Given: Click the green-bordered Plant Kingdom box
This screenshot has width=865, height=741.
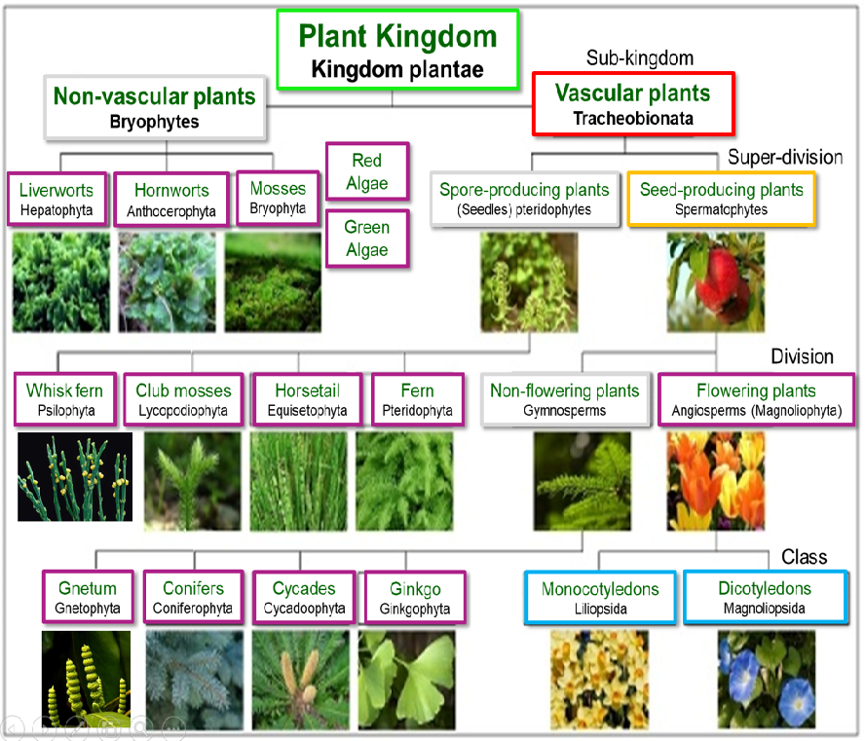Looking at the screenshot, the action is coord(397,50).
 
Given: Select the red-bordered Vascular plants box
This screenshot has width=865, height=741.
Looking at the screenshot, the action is coord(633,103).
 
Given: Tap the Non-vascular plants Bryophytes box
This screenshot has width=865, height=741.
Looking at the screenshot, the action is coord(155,107).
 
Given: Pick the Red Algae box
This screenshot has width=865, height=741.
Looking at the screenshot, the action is coord(367,171).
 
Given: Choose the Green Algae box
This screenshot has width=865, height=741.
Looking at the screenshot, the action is coord(367,239).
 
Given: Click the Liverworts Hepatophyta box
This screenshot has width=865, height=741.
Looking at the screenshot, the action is coord(56,199).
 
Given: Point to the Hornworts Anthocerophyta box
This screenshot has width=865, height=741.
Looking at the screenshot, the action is coord(171,200).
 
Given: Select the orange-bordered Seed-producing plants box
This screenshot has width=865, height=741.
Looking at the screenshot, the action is coord(721,199).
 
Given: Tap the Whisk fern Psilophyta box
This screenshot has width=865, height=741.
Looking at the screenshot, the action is coord(65,400).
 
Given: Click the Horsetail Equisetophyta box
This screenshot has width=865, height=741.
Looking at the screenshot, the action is coord(307,400).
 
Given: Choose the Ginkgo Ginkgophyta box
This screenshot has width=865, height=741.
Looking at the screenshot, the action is coord(415,598).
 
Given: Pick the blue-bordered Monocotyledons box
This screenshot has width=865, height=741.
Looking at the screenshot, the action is coord(600,598).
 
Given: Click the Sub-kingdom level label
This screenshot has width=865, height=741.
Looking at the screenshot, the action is coord(640,57).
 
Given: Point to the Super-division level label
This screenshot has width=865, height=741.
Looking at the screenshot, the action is coord(785,157).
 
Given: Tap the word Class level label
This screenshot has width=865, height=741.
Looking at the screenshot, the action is coord(805,557).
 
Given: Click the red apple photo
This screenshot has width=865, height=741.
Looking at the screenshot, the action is coord(716,282).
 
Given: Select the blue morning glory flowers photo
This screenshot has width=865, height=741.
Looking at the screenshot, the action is coord(767,680).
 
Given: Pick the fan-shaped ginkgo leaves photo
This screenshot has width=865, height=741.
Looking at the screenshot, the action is coord(406,680).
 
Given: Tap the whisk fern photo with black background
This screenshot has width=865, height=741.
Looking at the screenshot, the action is coord(75,477).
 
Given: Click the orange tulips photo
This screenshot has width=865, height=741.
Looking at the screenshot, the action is coord(716,481).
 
